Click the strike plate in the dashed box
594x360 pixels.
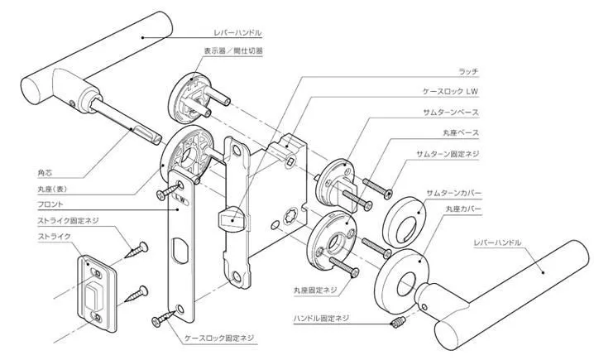point(96,288)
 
